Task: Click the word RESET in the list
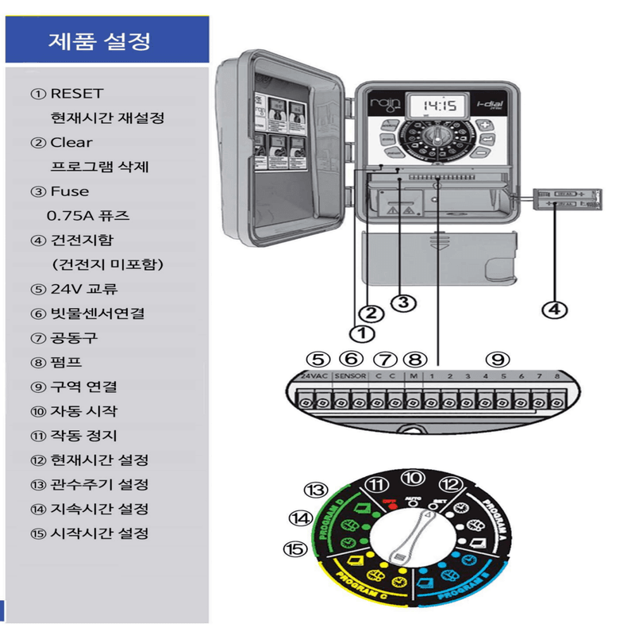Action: click(x=77, y=94)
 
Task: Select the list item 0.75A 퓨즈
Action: click(x=88, y=216)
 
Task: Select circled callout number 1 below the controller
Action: click(x=361, y=333)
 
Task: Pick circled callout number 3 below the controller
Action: click(x=404, y=302)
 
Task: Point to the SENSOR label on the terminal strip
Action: click(x=350, y=375)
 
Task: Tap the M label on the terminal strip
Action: click(x=414, y=375)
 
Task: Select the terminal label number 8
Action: click(x=558, y=375)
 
